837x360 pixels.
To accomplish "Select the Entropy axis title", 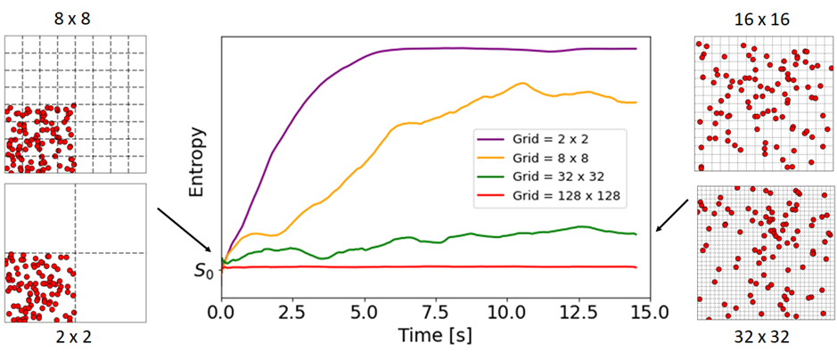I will pyautogui.click(x=198, y=161).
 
